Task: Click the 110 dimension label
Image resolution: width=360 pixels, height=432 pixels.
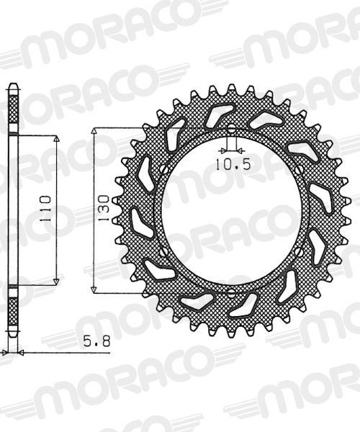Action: (45, 209)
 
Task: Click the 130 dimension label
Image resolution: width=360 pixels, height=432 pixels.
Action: (104, 208)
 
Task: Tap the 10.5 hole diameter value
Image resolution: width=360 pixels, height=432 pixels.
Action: (233, 165)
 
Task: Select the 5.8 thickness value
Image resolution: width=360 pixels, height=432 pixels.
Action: (96, 341)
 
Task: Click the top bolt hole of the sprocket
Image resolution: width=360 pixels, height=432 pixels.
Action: (232, 128)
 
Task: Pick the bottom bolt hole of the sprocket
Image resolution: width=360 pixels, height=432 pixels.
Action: (232, 293)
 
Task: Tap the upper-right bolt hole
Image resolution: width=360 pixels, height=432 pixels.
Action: (299, 169)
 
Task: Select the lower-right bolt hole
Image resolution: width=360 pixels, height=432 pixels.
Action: (299, 251)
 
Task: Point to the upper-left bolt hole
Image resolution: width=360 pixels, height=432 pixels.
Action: (164, 169)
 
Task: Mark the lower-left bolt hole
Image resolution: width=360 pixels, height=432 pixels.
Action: (164, 251)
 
